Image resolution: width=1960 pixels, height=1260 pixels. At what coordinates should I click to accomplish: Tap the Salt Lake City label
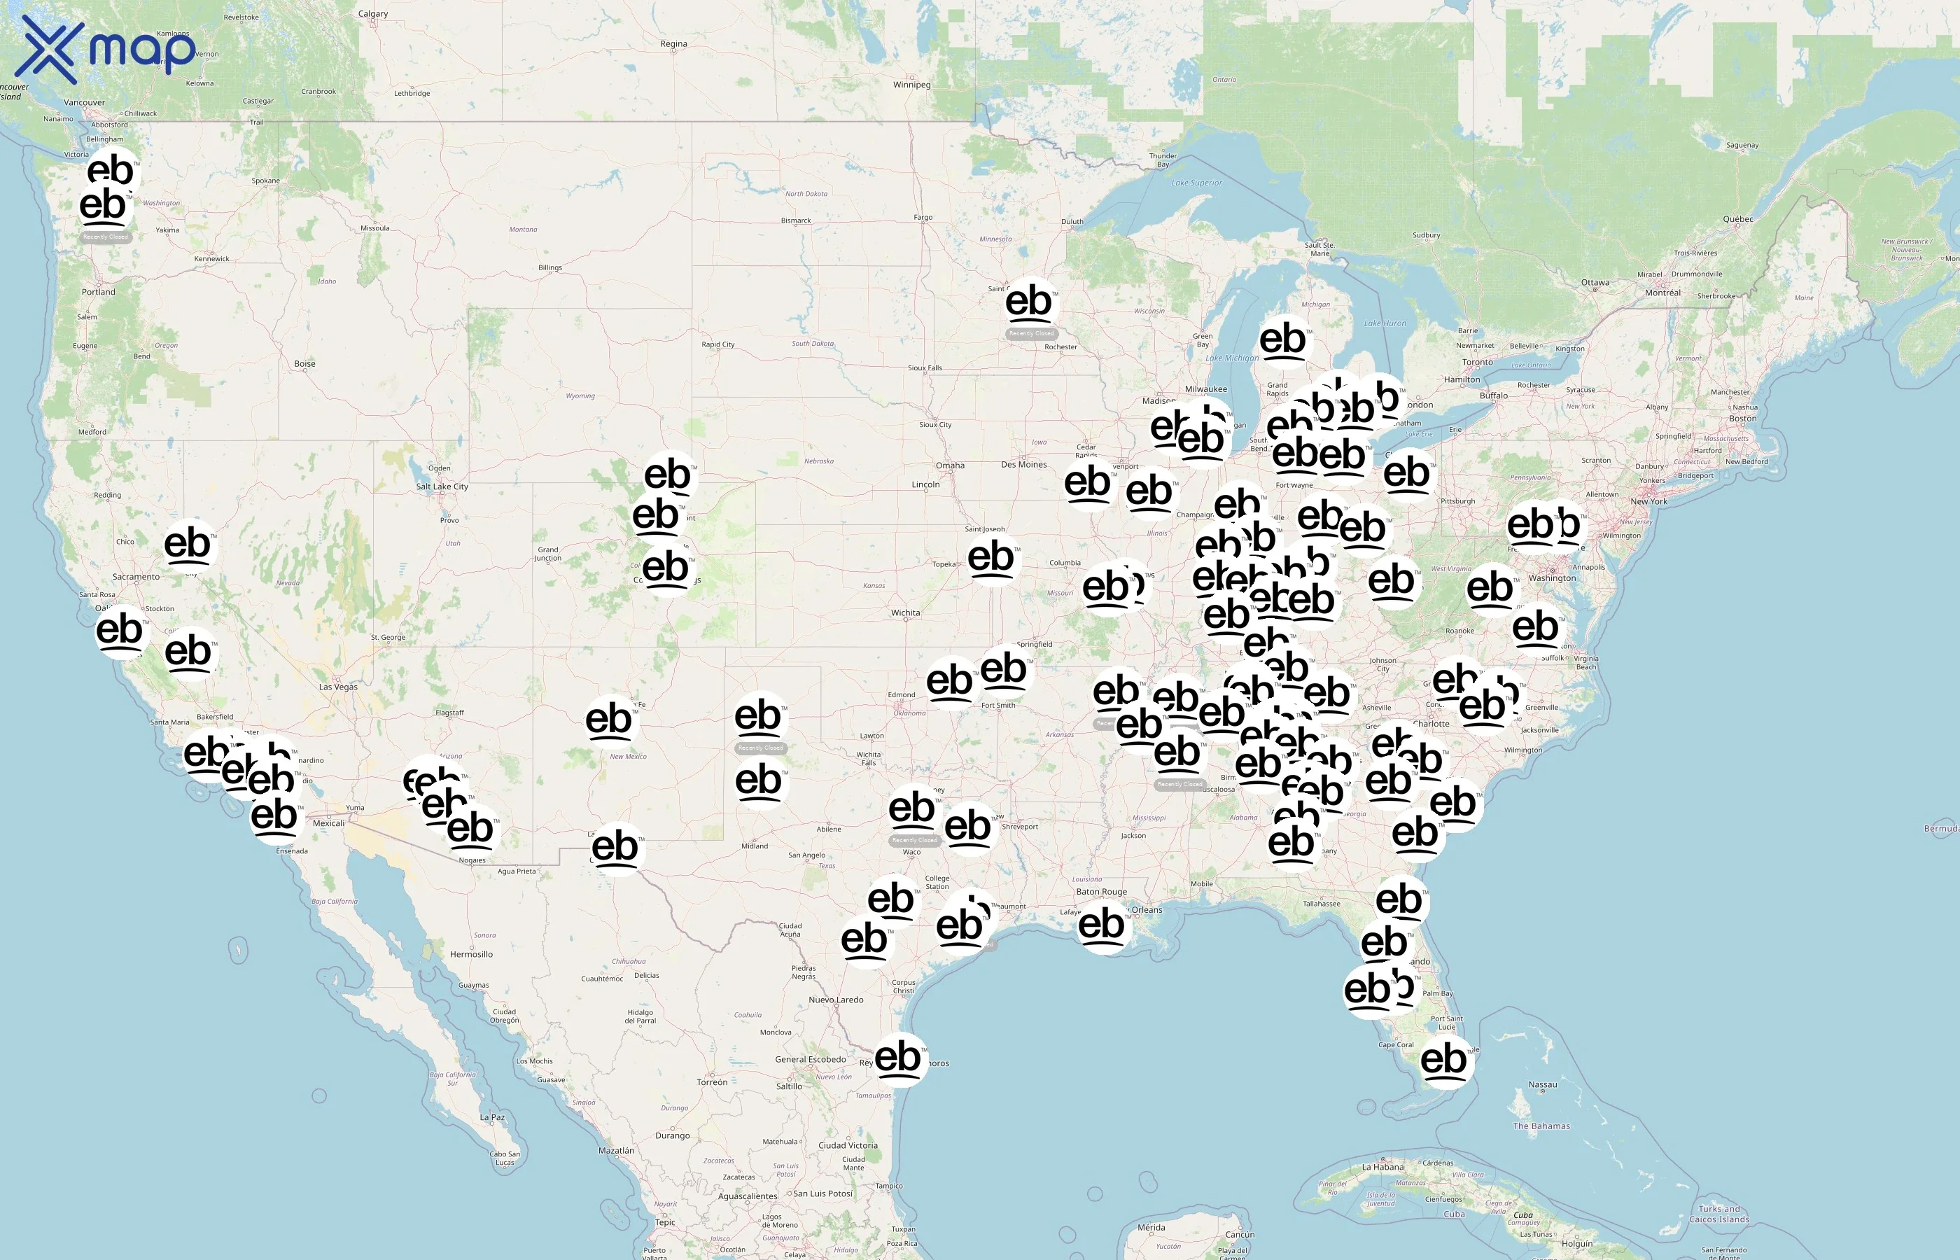click(x=442, y=486)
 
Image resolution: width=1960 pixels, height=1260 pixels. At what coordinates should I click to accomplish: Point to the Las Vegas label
click(x=338, y=687)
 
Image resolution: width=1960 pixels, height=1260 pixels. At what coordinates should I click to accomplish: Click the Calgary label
click(x=373, y=14)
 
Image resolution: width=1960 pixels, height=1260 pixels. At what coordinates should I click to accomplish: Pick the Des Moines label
click(x=1023, y=465)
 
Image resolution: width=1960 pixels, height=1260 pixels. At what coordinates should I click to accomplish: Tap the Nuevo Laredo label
click(x=835, y=1000)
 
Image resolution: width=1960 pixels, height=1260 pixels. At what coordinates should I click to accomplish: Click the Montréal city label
click(x=1662, y=293)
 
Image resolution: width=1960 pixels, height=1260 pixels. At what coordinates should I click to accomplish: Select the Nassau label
click(x=1542, y=1085)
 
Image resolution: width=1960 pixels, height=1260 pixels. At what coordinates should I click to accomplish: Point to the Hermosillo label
click(x=471, y=954)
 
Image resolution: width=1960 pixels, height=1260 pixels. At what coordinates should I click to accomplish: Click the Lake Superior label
click(x=1196, y=183)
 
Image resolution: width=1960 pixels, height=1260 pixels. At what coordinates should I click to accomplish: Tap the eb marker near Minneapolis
click(x=1029, y=302)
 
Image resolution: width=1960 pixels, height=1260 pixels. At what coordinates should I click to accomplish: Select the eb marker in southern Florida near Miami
click(x=1444, y=1060)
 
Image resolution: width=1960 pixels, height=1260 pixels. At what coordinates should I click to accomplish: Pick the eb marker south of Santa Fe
click(x=608, y=720)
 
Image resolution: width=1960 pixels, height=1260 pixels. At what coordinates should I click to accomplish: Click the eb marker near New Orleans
click(x=1102, y=925)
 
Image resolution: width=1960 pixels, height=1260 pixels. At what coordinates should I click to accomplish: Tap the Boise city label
click(x=304, y=364)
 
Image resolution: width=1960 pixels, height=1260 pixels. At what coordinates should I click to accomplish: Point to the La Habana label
click(x=1382, y=1167)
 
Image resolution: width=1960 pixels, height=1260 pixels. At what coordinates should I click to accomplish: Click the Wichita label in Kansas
click(x=904, y=612)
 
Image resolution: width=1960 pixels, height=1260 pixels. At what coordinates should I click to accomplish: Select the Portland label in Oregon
click(x=98, y=292)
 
